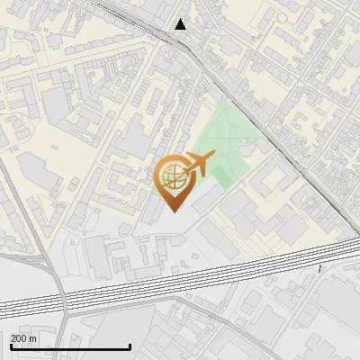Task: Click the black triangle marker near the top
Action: pyautogui.click(x=181, y=24)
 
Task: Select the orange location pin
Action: pyautogui.click(x=173, y=181)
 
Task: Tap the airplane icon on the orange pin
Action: pyautogui.click(x=197, y=165)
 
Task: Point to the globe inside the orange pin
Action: pyautogui.click(x=173, y=176)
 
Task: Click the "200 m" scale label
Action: pyautogui.click(x=24, y=338)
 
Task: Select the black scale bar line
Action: pyautogui.click(x=70, y=346)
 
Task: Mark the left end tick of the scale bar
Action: pyautogui.click(x=11, y=346)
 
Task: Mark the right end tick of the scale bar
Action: pyautogui.click(x=130, y=346)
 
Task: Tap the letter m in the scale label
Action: pyautogui.click(x=33, y=338)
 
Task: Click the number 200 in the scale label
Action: pyautogui.click(x=20, y=338)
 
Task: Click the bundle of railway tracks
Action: pyautogui.click(x=180, y=279)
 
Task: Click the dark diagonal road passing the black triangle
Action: pyautogui.click(x=234, y=90)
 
